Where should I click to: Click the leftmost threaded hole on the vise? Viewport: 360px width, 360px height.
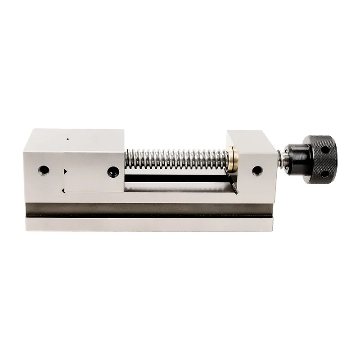tap(43, 170)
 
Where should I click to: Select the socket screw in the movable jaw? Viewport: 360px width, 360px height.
tap(112, 171)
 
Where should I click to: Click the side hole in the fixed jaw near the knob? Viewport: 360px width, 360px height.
tap(257, 171)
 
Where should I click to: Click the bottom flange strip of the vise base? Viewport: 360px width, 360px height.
tap(148, 224)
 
